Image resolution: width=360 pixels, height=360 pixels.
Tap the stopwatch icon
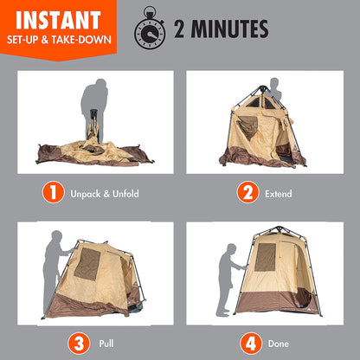(148, 30)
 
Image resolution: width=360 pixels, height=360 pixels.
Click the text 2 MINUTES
(220, 30)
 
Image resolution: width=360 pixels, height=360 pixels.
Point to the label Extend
(280, 194)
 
